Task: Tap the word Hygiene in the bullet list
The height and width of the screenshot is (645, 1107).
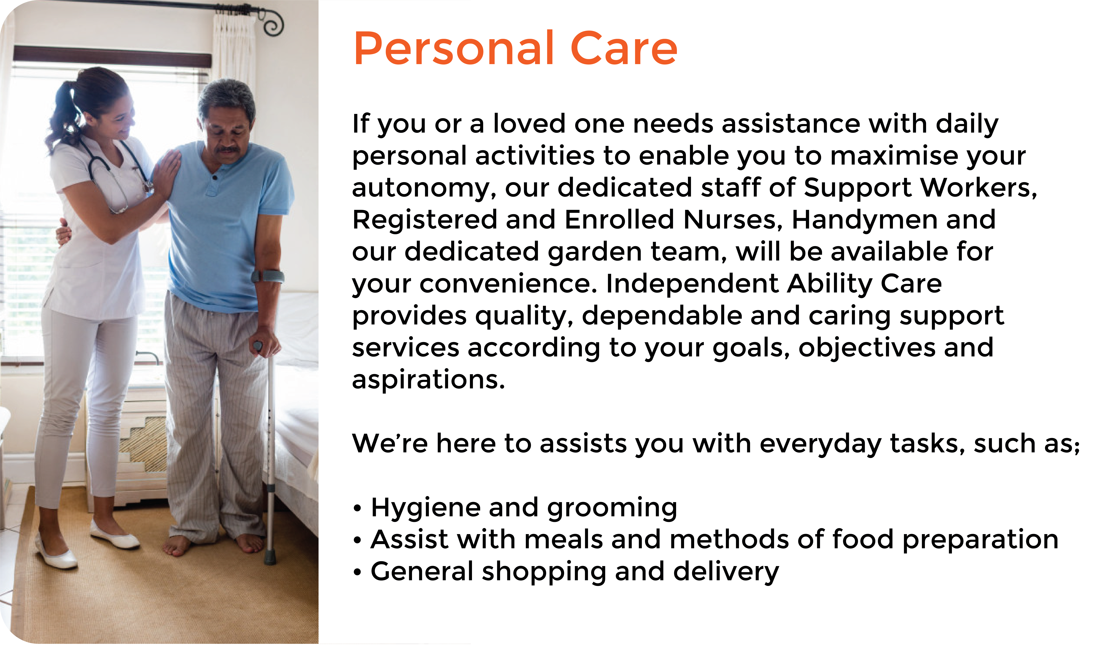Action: pyautogui.click(x=425, y=508)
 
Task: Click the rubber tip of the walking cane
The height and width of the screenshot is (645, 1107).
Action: pyautogui.click(x=270, y=559)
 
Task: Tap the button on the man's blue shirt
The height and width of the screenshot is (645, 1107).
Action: pyautogui.click(x=215, y=178)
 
